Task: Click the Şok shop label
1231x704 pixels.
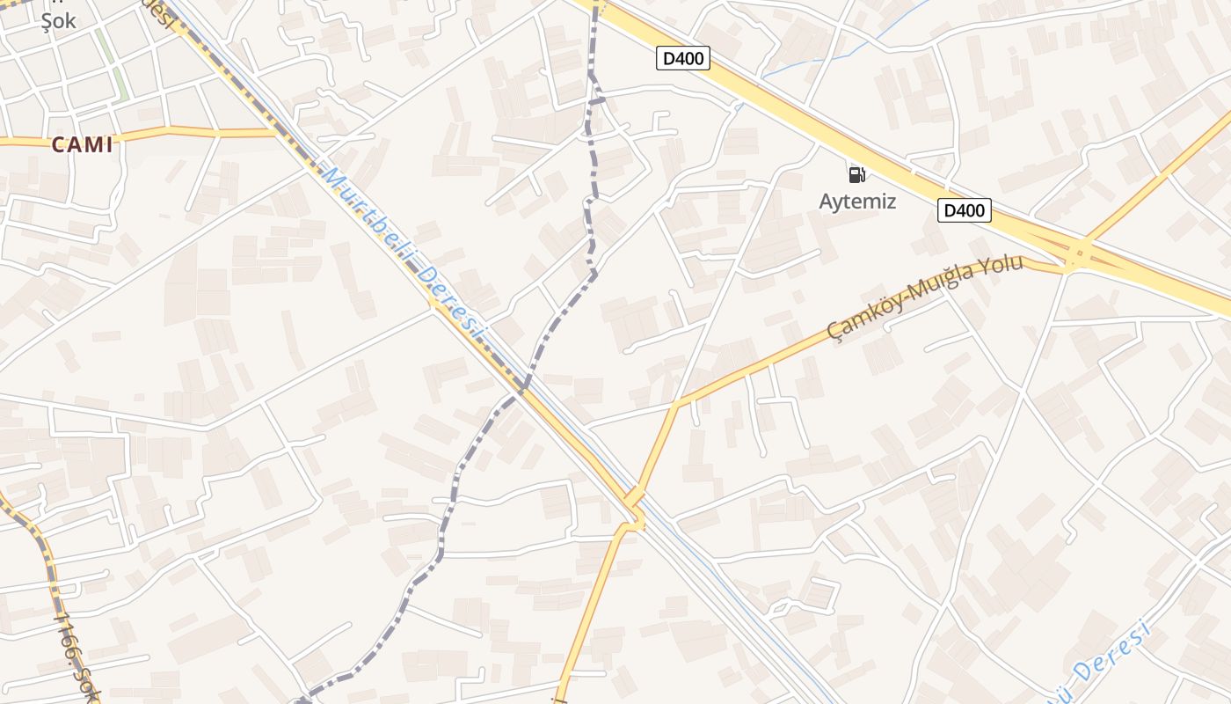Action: point(59,21)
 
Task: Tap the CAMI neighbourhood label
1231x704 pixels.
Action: point(83,145)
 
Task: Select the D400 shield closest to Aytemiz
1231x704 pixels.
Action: point(965,210)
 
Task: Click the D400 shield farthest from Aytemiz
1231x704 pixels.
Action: point(683,58)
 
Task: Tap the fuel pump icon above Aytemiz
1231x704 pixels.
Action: point(857,174)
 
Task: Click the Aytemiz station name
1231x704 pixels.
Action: point(857,202)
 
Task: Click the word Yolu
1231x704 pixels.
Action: point(1002,265)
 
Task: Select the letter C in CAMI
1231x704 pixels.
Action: point(58,145)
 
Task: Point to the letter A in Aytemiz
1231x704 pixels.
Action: point(826,202)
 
